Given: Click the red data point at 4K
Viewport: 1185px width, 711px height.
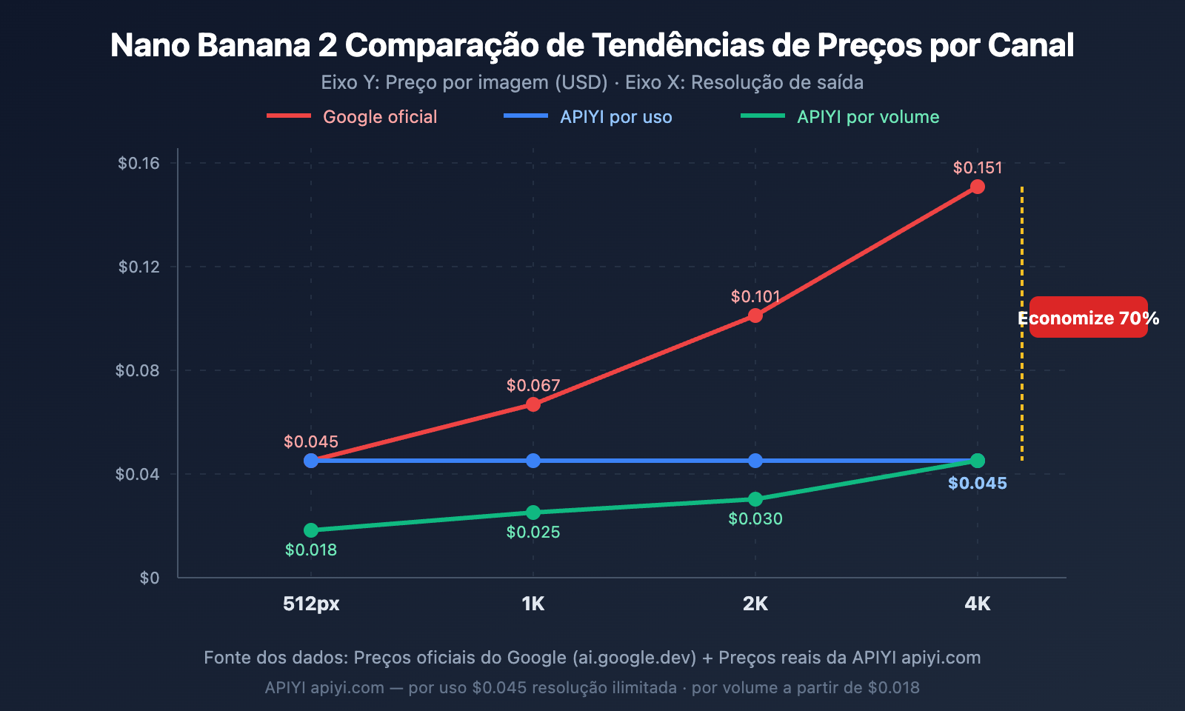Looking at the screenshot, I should tap(977, 187).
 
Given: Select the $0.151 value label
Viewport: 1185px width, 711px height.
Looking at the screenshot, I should tap(977, 168).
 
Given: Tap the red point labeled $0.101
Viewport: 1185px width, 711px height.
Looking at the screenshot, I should tap(755, 316).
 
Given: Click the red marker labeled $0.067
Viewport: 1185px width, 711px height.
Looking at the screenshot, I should tap(533, 404).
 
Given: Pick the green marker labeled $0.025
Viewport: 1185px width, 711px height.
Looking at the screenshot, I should tap(533, 513).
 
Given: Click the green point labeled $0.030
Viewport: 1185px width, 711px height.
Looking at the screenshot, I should tap(755, 499).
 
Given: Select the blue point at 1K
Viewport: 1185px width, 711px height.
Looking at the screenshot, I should tap(533, 461).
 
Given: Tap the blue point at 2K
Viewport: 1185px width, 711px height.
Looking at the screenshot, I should tap(755, 461).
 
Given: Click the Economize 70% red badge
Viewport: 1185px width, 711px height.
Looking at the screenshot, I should tap(1088, 318).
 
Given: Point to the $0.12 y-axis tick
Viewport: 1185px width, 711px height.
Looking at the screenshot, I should tap(138, 267).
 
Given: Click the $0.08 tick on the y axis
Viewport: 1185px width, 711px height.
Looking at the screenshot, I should tap(137, 370).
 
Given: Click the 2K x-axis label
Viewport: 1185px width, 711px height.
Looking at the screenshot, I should tap(755, 604).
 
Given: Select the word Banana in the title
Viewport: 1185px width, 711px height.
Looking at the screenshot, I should tap(253, 45).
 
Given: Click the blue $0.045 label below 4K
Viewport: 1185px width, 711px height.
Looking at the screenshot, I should tap(977, 484).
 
